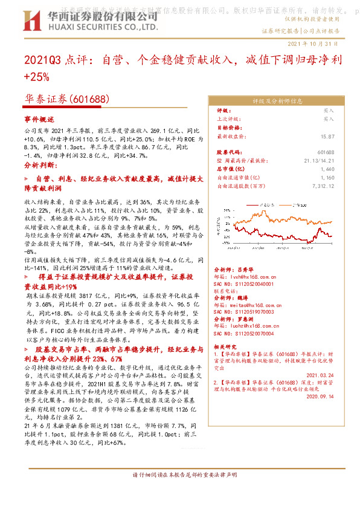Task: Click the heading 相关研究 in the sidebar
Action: (x=225, y=346)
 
